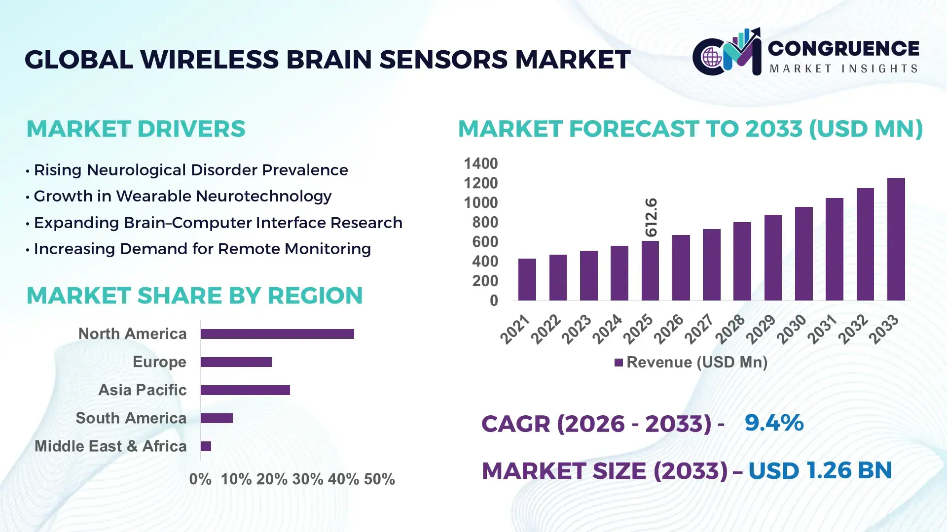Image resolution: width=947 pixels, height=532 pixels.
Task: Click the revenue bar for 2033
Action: coord(896,239)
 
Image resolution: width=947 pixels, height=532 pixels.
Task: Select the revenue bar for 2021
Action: coord(527,280)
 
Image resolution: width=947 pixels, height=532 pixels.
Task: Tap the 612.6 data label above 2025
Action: coord(651,217)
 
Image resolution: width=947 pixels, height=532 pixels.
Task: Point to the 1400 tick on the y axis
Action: coord(480,164)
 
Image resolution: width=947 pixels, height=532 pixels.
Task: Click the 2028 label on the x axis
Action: coord(730,329)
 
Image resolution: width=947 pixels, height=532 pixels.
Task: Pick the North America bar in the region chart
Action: coord(277,334)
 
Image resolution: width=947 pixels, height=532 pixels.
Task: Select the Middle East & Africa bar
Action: coord(206,446)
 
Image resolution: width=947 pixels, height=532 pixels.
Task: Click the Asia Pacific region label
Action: coord(142,390)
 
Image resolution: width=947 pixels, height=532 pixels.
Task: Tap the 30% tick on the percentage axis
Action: coord(308,479)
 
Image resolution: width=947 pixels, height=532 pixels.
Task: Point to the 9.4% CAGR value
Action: coord(773,423)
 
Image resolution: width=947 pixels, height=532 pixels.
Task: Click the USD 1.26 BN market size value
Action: coord(820,470)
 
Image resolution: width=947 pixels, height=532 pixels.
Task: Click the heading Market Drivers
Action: coord(136,129)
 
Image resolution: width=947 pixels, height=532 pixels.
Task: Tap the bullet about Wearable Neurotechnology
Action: coord(182,196)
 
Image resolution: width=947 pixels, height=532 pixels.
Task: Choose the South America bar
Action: coord(217,418)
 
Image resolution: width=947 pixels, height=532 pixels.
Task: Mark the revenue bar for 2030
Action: coord(803,254)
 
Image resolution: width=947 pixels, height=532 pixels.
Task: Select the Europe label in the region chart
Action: coord(159,362)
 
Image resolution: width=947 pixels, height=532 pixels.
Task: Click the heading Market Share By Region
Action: coord(194,296)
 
